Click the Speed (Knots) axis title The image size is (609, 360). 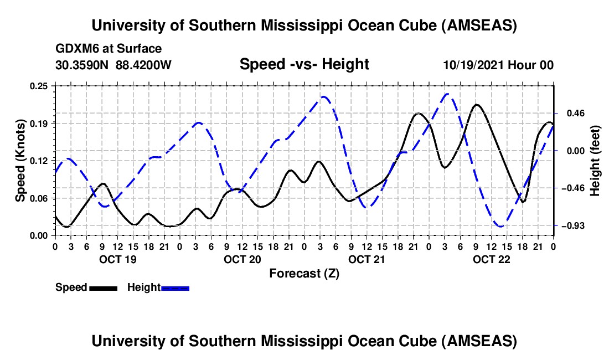(20, 161)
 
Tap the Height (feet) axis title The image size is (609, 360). (595, 161)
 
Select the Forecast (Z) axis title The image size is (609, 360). (304, 273)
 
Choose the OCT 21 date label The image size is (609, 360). (366, 259)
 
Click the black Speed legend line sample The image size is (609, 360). (103, 287)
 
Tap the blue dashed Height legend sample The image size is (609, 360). (175, 287)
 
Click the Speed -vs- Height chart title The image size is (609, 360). (304, 64)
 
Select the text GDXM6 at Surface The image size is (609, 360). (109, 49)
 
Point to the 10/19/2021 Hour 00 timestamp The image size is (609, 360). (498, 65)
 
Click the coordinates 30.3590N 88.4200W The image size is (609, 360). (113, 65)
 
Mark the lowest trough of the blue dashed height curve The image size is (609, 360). (500, 226)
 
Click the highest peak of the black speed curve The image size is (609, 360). (476, 104)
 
